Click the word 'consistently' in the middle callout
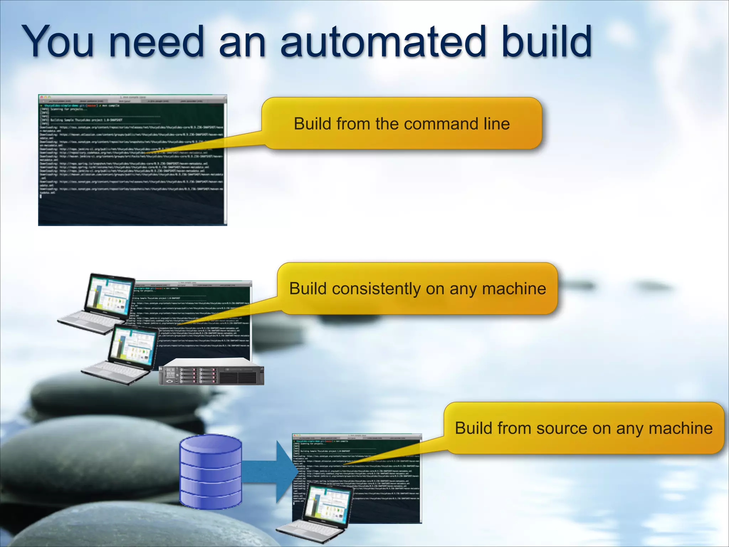pyautogui.click(x=376, y=289)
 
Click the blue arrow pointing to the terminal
pyautogui.click(x=271, y=472)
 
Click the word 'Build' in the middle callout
pyautogui.click(x=308, y=289)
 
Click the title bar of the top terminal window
pyautogui.click(x=132, y=97)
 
